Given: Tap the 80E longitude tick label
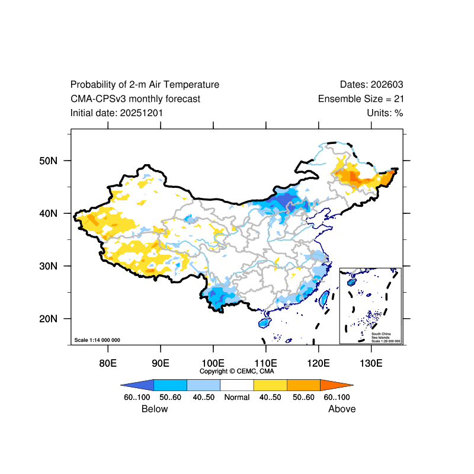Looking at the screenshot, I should point(107,363).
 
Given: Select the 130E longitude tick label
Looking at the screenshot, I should point(371,363).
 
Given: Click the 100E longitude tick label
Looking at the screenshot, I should point(213,363).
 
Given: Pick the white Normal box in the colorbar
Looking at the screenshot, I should point(236,385).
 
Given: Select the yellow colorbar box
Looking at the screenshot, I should point(270,385).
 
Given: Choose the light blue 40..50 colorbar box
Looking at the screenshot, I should point(203,385).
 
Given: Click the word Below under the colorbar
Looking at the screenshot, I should point(155,409).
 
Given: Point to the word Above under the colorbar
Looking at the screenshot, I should point(342,409).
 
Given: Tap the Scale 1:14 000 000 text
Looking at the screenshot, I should point(97,340).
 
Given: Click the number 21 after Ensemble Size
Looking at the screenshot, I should point(398,99).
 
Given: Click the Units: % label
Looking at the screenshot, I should point(385,113).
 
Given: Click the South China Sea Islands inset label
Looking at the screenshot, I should point(386,336).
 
